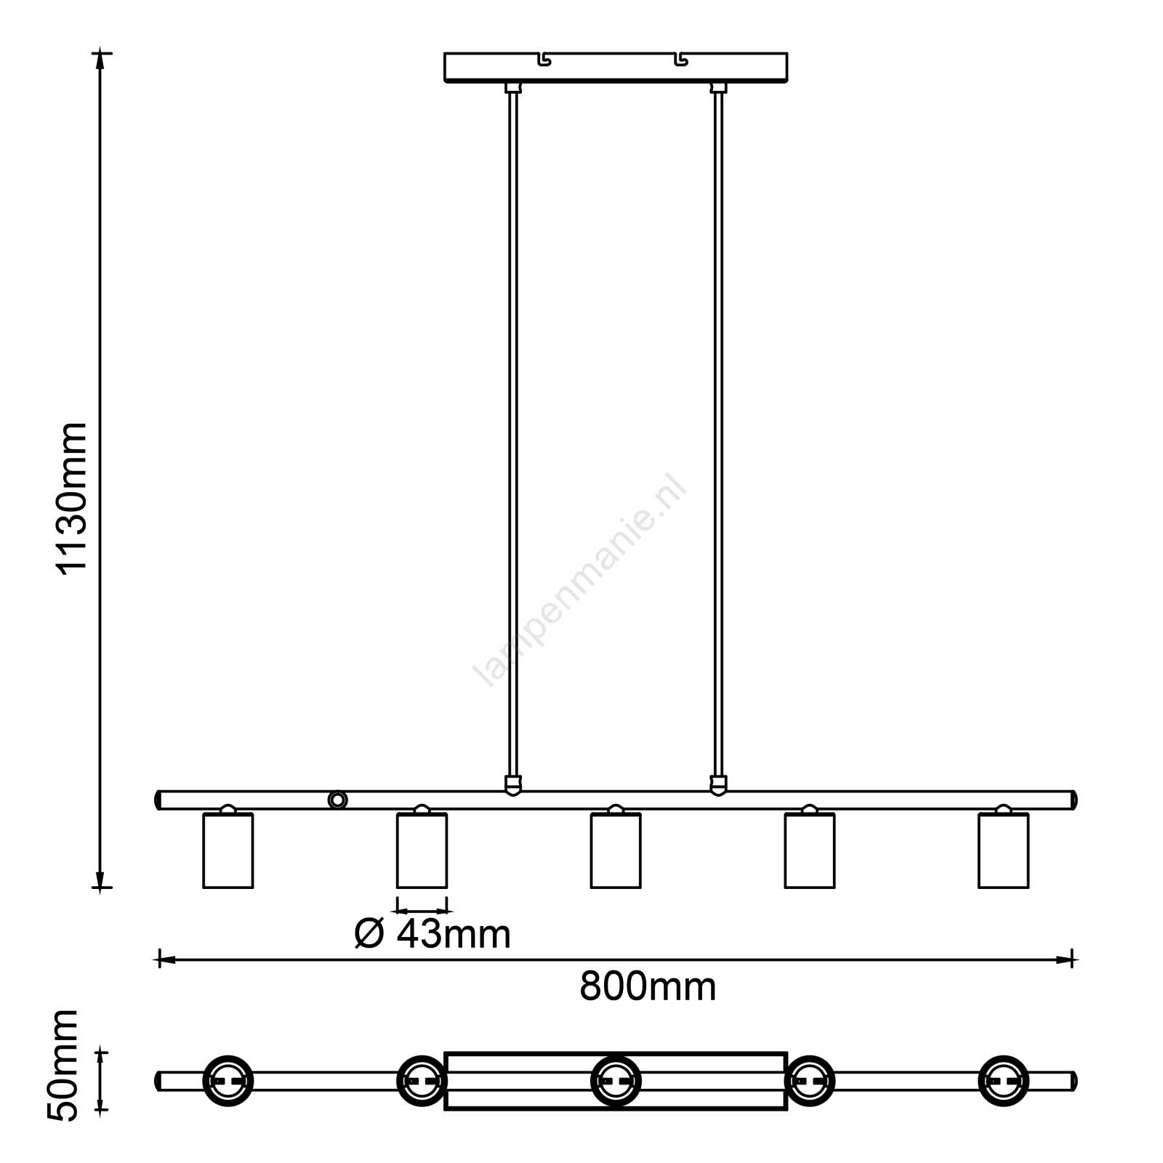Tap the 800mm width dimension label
coord(648,987)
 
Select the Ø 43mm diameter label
coord(432,934)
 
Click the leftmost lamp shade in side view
coord(228,850)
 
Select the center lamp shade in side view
coord(616,850)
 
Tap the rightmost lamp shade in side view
coord(1003,850)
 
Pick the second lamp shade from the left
coord(422,850)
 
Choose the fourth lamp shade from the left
coord(810,850)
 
